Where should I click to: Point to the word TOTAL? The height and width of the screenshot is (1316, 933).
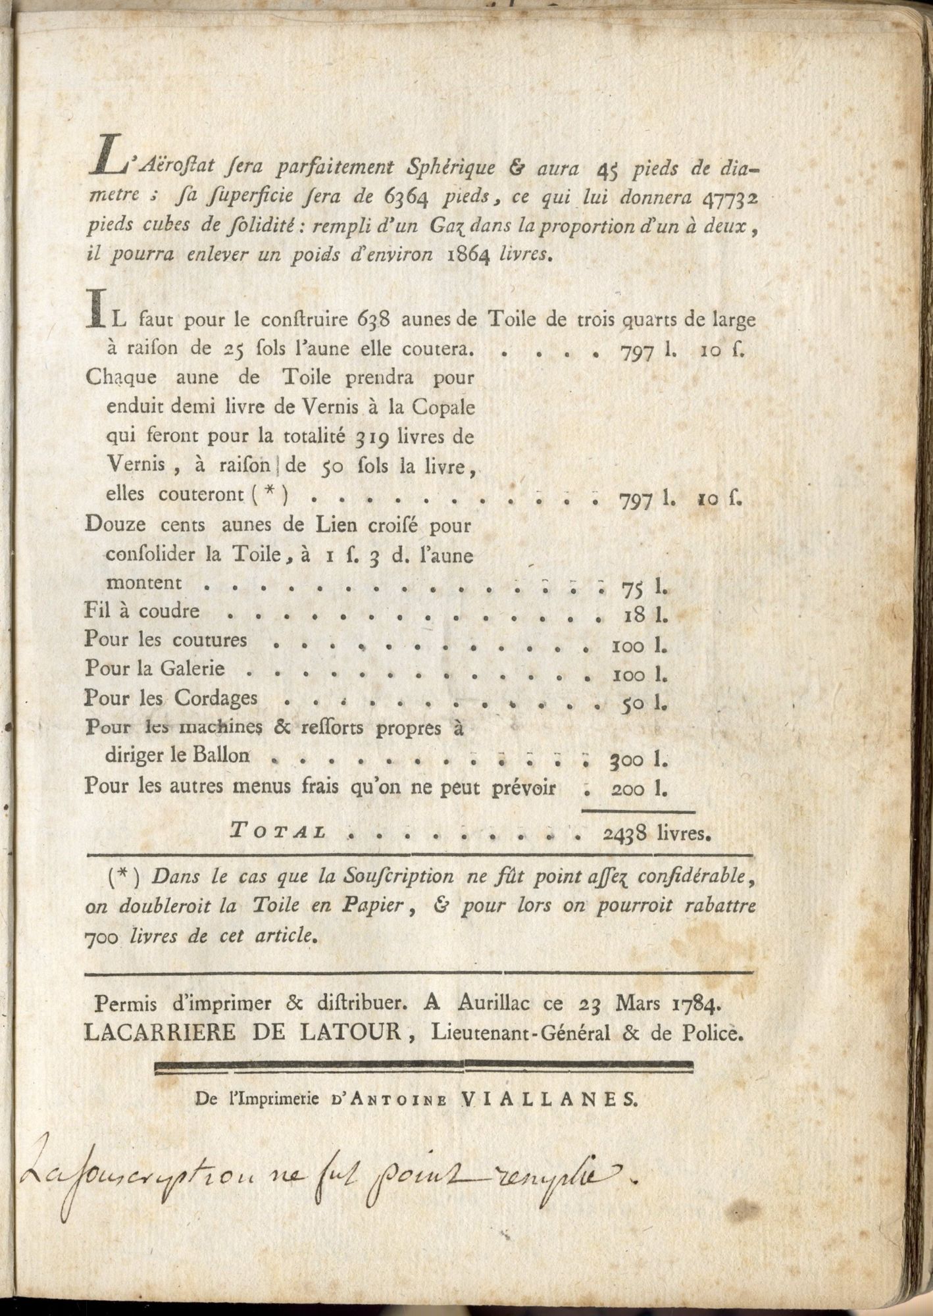pyautogui.click(x=279, y=832)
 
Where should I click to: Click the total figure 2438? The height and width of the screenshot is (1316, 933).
pyautogui.click(x=628, y=834)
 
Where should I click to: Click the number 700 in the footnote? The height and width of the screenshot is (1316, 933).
pyautogui.click(x=102, y=937)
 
